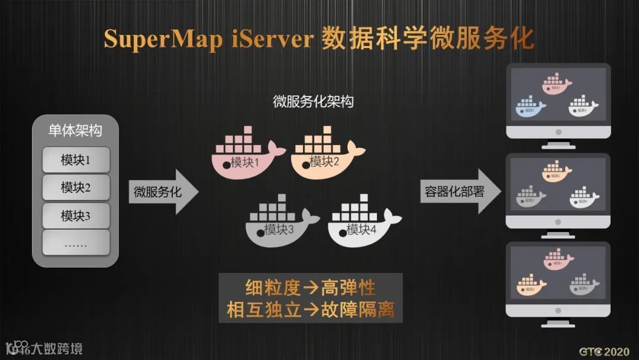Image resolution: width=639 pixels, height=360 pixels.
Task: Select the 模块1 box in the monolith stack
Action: pyautogui.click(x=76, y=160)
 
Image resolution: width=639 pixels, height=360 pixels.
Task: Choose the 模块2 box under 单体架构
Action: pyautogui.click(x=76, y=187)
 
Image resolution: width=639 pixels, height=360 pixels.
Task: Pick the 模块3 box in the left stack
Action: pyautogui.click(x=76, y=216)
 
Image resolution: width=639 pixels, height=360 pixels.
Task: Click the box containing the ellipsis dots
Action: pyautogui.click(x=76, y=243)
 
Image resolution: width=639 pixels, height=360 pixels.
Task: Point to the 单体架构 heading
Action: pyautogui.click(x=75, y=131)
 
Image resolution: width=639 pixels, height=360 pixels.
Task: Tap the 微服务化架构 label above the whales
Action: pyautogui.click(x=314, y=101)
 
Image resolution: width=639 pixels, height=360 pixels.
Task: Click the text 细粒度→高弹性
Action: pyautogui.click(x=311, y=288)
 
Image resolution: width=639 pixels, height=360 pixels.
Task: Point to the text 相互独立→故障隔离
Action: pyautogui.click(x=311, y=309)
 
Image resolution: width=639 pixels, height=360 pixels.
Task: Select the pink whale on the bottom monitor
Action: pyautogui.click(x=556, y=259)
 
